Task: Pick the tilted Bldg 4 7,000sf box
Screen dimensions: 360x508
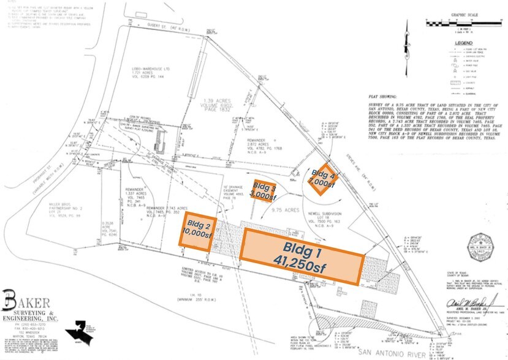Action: click(x=320, y=178)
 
